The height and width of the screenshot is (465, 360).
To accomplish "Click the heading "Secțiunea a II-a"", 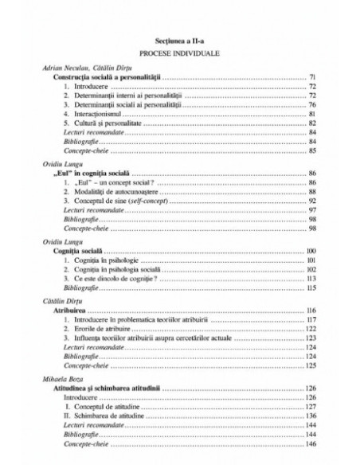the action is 179,39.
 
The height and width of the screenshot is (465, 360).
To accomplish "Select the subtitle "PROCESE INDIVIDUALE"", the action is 179,53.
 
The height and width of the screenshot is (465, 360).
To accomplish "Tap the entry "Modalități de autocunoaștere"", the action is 111,192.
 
